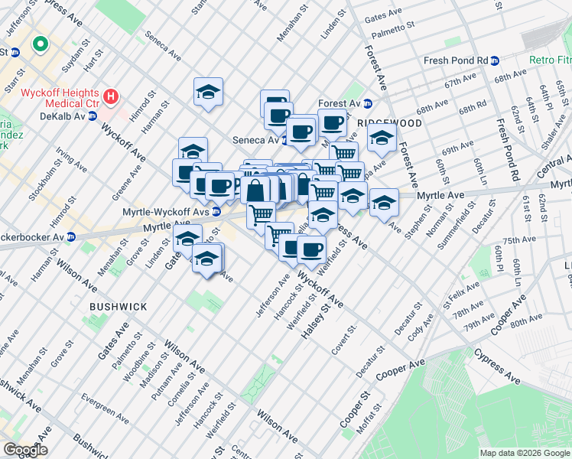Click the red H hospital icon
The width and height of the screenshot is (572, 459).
pos(111,96)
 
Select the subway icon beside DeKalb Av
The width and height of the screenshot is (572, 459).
pos(92,116)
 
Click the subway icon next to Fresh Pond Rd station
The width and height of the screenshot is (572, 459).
pos(496,60)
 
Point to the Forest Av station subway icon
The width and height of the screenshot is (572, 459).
pos(367,103)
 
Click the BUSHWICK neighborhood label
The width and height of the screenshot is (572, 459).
pos(118,306)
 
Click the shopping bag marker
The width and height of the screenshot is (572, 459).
pos(256,189)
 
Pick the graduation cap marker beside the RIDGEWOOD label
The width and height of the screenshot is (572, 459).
pos(381,138)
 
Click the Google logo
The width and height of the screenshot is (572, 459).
pos(25,450)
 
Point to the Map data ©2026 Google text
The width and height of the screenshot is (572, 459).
pos(525,453)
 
